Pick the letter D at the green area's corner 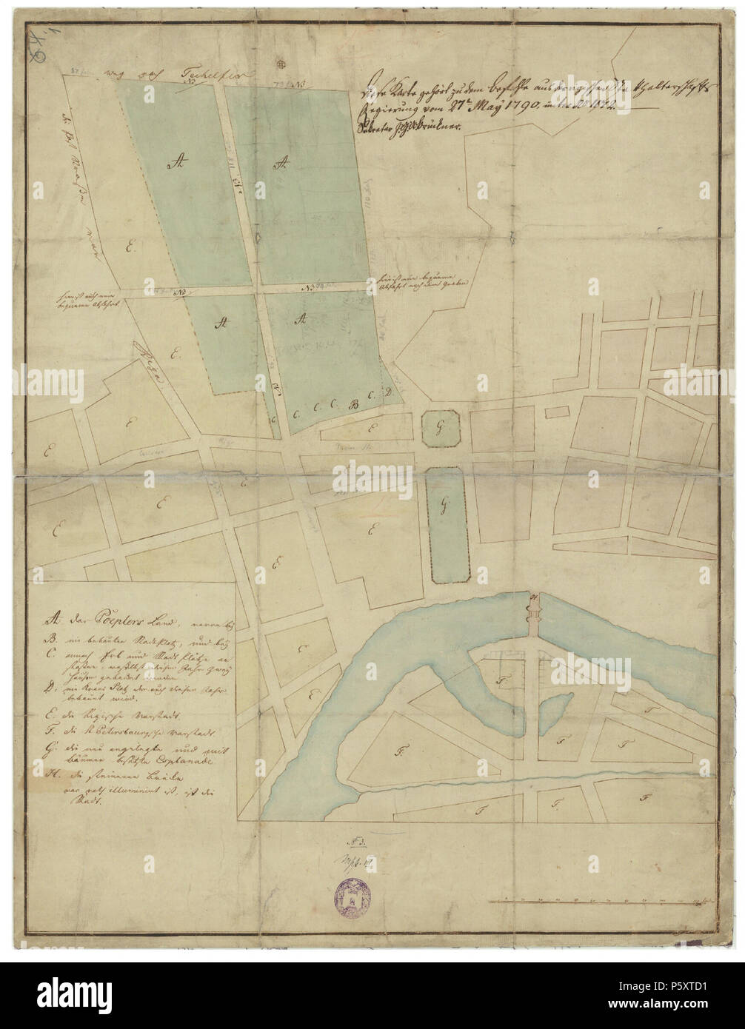point(387,392)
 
